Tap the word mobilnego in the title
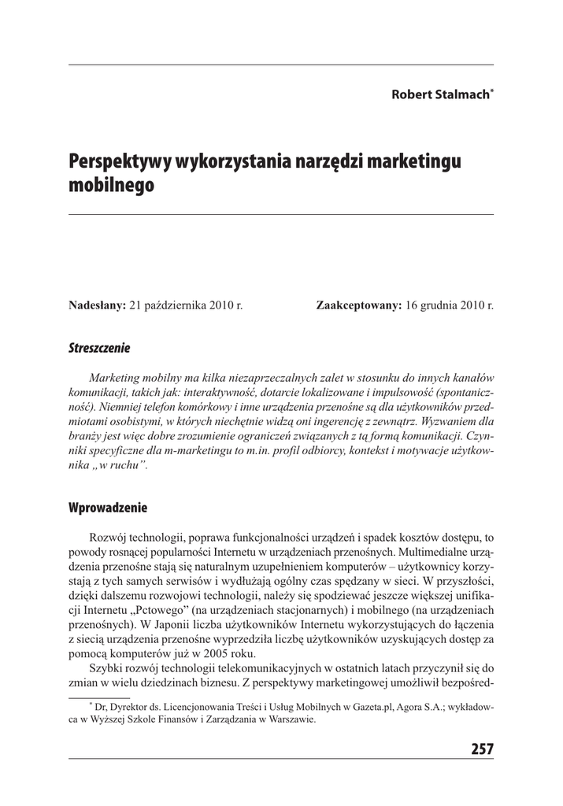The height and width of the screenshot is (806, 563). pos(112,187)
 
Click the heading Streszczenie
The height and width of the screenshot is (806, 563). pos(99,347)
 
